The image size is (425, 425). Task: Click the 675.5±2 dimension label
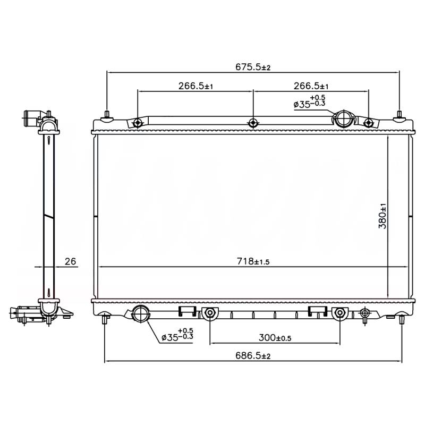point(253,67)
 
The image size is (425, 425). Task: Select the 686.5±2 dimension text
point(253,355)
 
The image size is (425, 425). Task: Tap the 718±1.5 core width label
point(253,261)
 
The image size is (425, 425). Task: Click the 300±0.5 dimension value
point(275,338)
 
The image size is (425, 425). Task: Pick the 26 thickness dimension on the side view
point(71,261)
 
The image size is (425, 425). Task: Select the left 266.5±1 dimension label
point(195,86)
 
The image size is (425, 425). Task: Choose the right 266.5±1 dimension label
point(311,86)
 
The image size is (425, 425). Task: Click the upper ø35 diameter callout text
point(309,101)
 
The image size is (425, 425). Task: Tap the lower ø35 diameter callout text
point(177,335)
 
